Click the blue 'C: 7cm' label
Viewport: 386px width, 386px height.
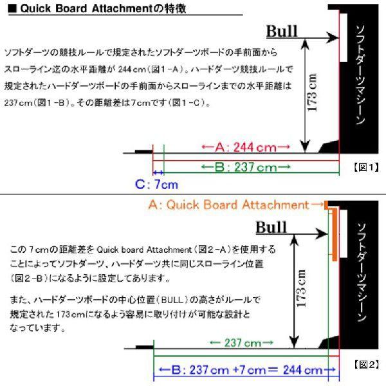155,185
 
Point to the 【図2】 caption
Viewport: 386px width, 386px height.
367,363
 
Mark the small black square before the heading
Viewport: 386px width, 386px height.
10,10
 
